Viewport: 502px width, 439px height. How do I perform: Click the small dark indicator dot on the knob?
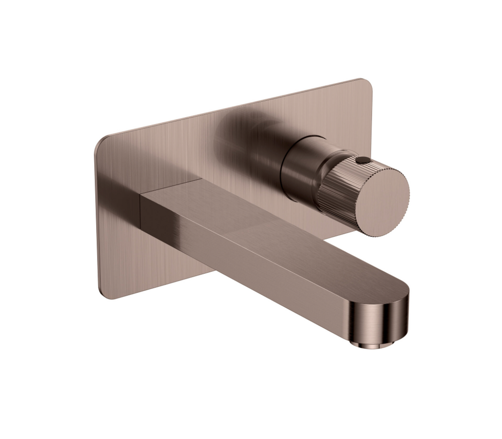[x=362, y=160]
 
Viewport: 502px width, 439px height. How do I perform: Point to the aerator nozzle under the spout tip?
[x=373, y=343]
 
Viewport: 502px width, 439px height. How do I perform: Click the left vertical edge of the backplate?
[x=97, y=220]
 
